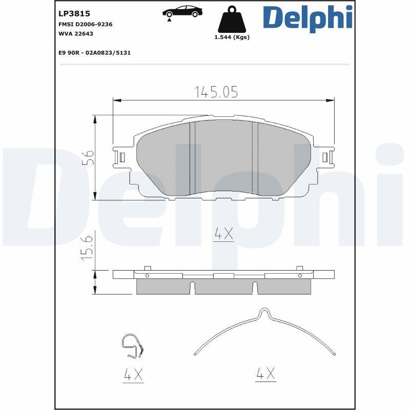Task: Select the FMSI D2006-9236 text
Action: [x=86, y=24]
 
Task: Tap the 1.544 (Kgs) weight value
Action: [x=232, y=37]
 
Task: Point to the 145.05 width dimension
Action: [x=216, y=92]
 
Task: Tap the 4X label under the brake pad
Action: [x=223, y=235]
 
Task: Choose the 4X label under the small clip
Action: [x=133, y=375]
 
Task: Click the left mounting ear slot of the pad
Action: [x=121, y=157]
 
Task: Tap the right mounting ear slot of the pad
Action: [x=325, y=157]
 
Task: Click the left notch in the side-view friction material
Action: [x=193, y=289]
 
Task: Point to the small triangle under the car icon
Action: [x=169, y=20]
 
